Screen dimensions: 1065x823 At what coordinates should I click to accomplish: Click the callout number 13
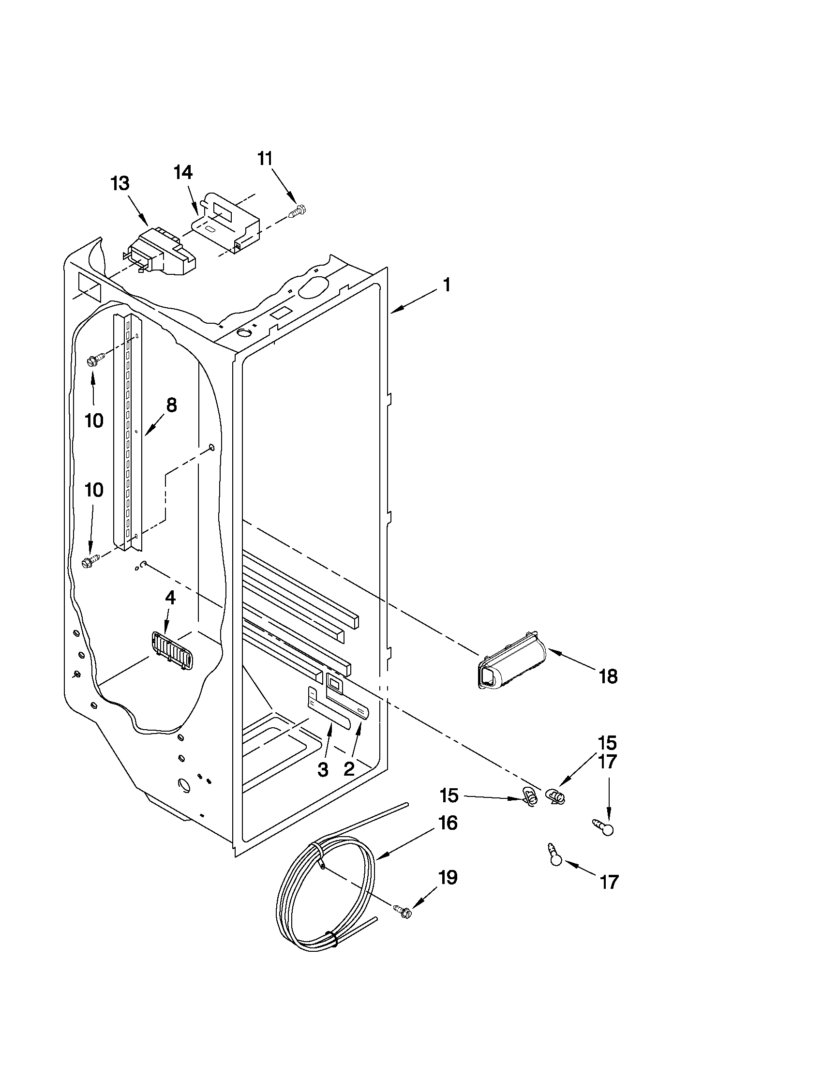tap(120, 184)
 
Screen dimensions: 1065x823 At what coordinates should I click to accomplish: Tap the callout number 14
tap(183, 173)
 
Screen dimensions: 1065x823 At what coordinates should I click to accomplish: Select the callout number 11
tap(265, 159)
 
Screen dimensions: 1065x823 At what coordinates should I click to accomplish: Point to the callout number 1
tap(446, 285)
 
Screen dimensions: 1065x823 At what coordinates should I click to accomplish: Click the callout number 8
tap(171, 405)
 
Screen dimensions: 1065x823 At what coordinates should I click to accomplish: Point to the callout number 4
tap(170, 599)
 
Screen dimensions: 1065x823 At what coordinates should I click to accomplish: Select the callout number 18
tap(608, 676)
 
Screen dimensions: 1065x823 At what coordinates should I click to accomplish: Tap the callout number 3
tap(322, 770)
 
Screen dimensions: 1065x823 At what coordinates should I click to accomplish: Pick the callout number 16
tap(448, 824)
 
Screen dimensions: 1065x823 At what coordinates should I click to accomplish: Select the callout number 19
tap(448, 878)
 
